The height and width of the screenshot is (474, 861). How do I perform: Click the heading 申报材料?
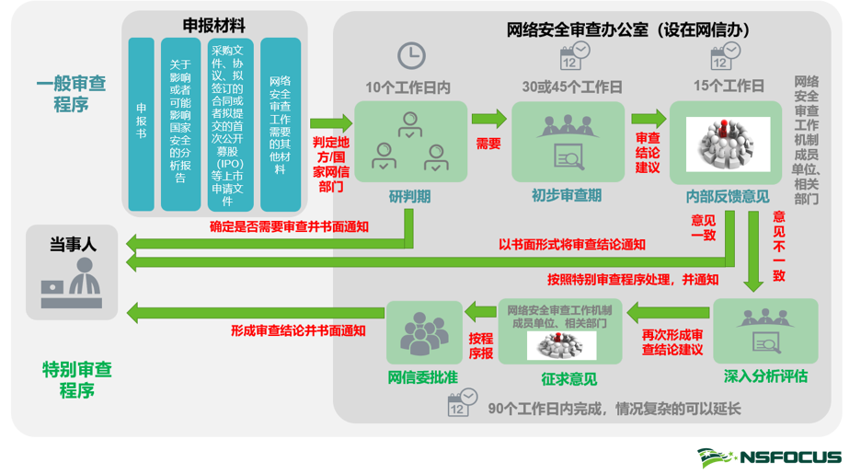pyautogui.click(x=214, y=25)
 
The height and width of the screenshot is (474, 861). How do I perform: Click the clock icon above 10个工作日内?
pyautogui.click(x=411, y=54)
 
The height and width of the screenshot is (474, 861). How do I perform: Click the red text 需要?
pyautogui.click(x=488, y=144)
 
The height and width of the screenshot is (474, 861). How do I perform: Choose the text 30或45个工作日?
pyautogui.click(x=572, y=87)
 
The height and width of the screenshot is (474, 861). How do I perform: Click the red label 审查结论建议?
pyautogui.click(x=648, y=152)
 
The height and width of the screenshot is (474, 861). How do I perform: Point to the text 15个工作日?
pyautogui.click(x=729, y=87)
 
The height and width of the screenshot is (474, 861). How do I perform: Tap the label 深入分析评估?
pyautogui.click(x=765, y=376)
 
